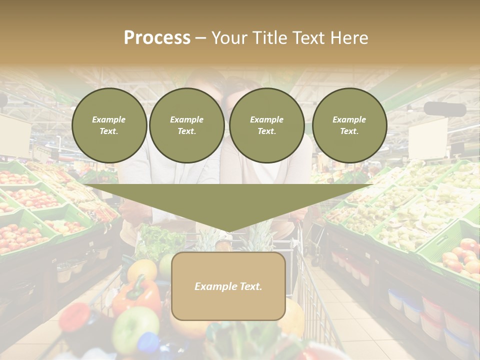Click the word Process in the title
coord(157,38)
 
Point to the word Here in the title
coord(350,38)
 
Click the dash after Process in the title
coord(200,38)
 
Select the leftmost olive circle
coord(109,125)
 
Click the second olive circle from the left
coord(186,125)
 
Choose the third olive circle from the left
coord(266,125)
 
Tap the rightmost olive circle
coord(349,125)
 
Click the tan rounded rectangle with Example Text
coord(228,286)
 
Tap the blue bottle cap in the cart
coord(148,343)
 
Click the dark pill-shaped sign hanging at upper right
coord(444,109)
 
